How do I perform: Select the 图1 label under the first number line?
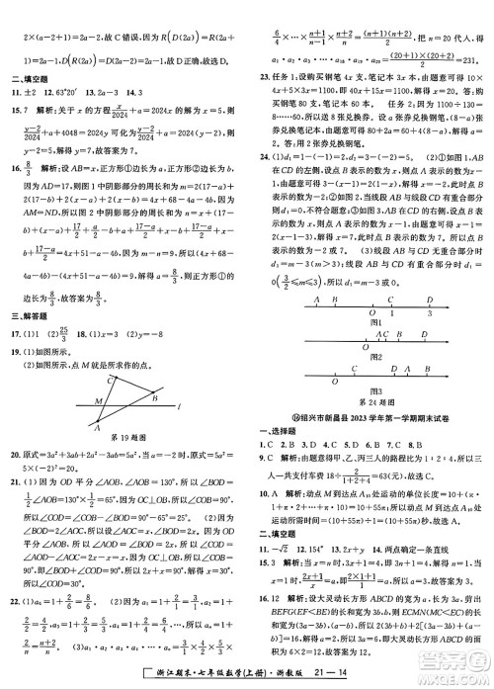coord(370,321)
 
